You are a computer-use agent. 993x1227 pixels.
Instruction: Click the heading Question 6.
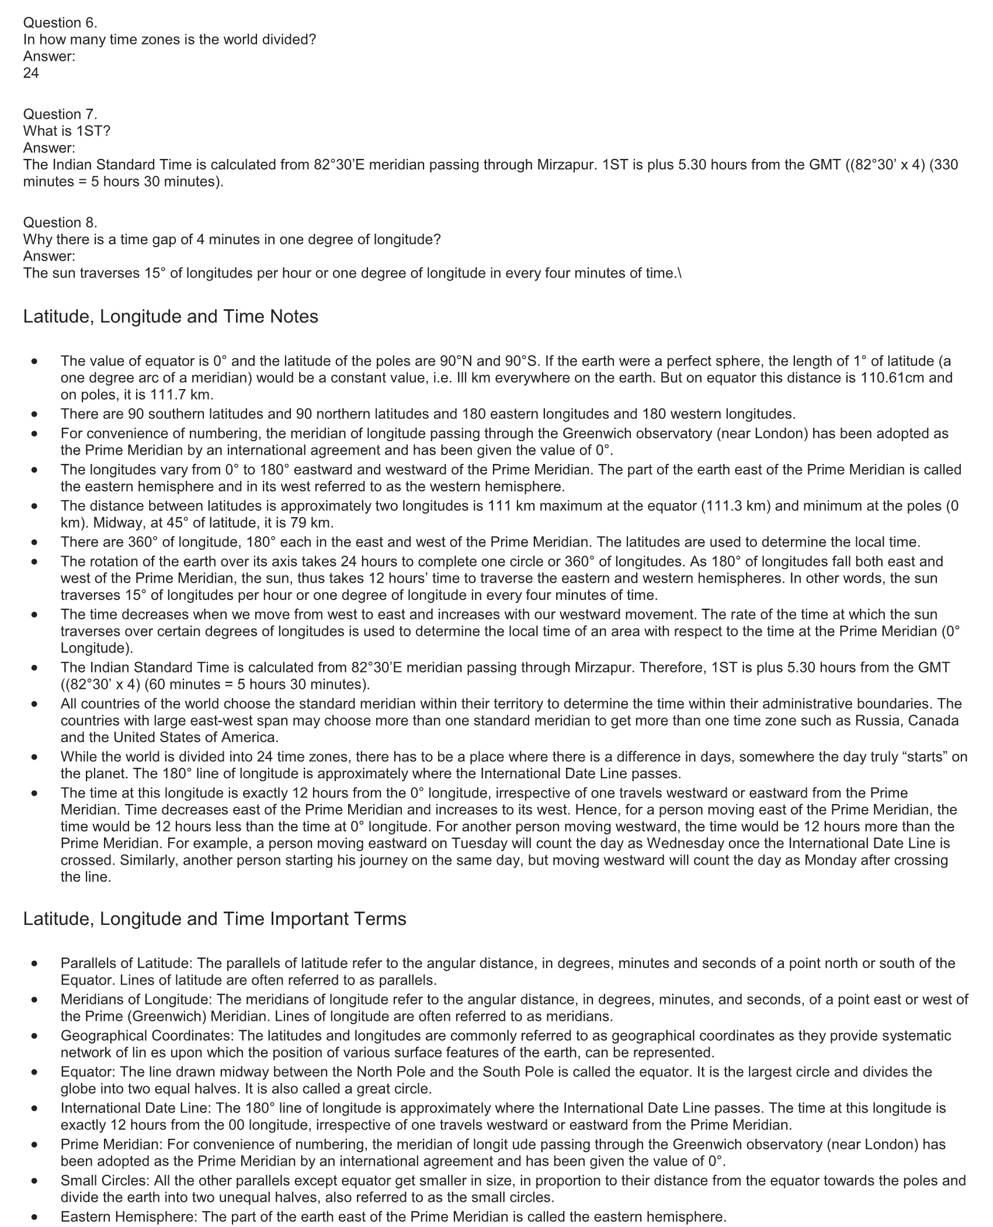(x=60, y=23)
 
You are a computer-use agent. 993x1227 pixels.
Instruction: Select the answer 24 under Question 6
(x=31, y=73)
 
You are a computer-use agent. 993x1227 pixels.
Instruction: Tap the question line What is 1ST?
(x=67, y=131)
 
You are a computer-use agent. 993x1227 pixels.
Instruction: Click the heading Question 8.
(x=60, y=223)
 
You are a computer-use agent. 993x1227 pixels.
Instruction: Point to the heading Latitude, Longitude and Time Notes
(x=171, y=316)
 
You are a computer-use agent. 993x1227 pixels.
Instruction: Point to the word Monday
(x=830, y=860)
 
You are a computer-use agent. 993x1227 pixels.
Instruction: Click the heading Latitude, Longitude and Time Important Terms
(x=214, y=918)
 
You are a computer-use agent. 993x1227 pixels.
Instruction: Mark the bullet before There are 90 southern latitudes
(x=36, y=414)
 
